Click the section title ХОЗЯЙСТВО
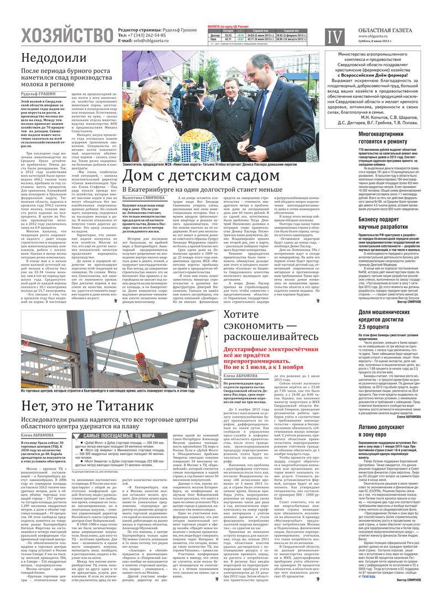pyautogui.click(x=66, y=36)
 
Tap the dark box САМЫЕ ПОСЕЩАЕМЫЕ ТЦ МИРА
pyautogui.click(x=117, y=451)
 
